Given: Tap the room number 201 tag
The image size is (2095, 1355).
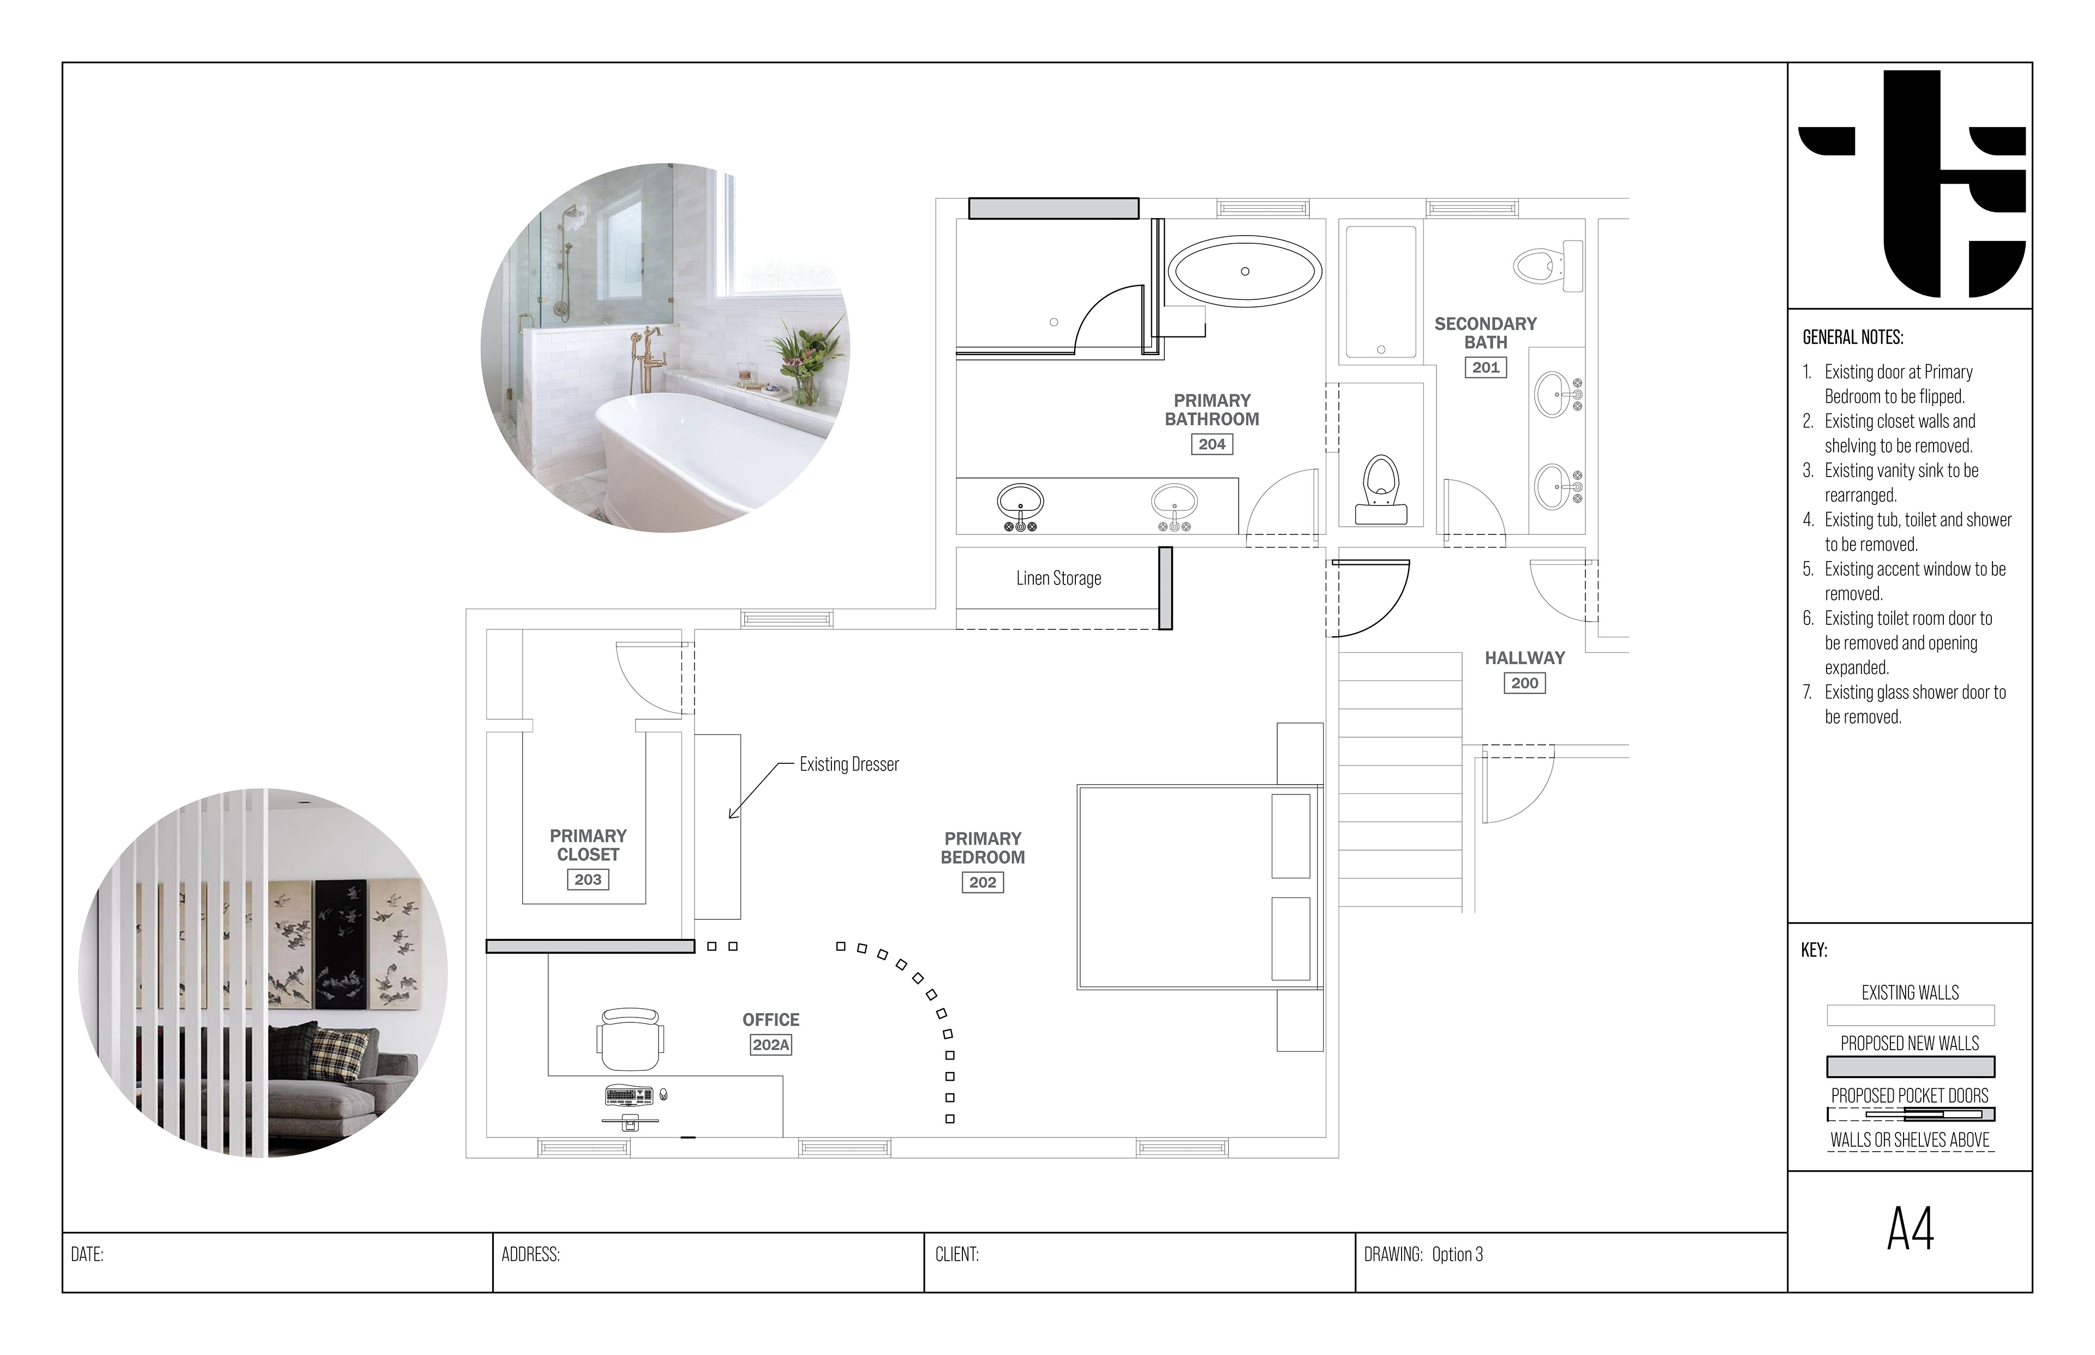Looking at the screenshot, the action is [x=1485, y=368].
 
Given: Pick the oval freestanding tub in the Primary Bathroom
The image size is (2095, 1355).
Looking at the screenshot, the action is [x=1244, y=271].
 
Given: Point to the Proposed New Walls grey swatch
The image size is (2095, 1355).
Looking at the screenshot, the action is [x=1910, y=1067].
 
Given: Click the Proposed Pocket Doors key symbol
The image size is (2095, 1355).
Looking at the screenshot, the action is [x=1910, y=1115].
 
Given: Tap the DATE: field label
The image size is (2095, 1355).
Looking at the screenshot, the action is [x=87, y=1255].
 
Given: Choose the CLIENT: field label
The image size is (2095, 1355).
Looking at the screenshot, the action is [x=957, y=1255].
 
